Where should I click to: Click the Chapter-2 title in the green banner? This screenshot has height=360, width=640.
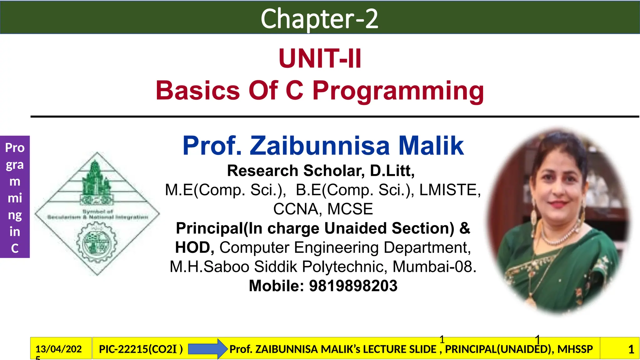click(x=319, y=19)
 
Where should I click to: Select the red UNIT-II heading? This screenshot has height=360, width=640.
click(x=320, y=58)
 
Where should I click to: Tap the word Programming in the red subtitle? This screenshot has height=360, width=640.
click(x=398, y=91)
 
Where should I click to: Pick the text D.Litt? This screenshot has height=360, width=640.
click(x=392, y=171)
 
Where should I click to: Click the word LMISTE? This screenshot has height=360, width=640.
click(x=450, y=190)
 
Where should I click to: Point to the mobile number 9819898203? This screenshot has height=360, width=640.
click(x=353, y=286)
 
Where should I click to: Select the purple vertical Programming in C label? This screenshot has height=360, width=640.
click(x=15, y=197)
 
